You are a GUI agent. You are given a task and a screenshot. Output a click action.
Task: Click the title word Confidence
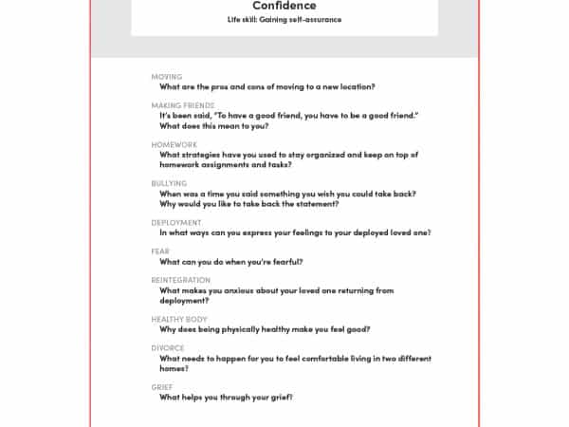[284, 6]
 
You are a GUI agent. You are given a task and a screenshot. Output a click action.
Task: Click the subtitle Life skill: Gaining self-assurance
[284, 19]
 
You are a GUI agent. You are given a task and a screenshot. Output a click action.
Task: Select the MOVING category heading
[166, 76]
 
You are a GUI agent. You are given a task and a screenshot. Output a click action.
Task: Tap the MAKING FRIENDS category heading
[182, 105]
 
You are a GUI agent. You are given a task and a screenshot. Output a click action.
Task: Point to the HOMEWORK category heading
[174, 144]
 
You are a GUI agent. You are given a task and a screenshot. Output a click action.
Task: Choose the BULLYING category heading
[169, 183]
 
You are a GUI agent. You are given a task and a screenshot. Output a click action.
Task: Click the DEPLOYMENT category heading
[176, 222]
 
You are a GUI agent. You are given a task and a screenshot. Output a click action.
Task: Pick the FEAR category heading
[160, 251]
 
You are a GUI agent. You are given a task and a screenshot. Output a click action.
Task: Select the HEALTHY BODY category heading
[178, 320]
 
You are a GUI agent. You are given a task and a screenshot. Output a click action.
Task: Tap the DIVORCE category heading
[168, 348]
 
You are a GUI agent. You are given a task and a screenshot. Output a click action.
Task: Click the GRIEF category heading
[162, 387]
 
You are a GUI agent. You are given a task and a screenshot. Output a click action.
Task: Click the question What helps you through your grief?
[226, 397]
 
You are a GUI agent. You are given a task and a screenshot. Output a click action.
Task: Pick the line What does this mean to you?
[213, 125]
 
